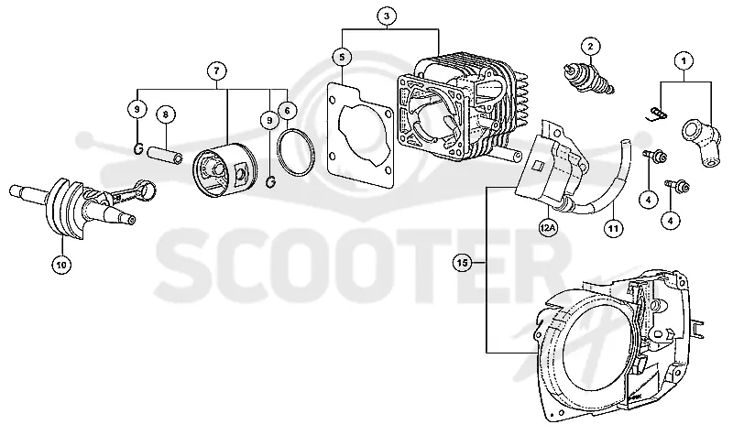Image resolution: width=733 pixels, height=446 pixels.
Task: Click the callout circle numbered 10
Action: coord(61,265)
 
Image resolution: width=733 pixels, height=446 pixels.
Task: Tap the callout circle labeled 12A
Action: coord(547,227)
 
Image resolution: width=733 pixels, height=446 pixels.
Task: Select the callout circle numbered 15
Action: coord(462,263)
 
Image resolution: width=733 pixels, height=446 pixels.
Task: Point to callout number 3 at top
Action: coord(386,16)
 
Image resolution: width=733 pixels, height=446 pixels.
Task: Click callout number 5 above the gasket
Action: coord(342,57)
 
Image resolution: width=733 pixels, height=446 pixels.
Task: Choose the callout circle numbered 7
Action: coord(287,110)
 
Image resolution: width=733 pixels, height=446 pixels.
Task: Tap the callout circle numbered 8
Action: coord(216,71)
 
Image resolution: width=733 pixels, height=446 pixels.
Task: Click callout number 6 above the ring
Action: coord(166,114)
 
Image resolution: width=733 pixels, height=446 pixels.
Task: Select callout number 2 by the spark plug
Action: coord(590,46)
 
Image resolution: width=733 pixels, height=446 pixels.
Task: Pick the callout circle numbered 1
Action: coord(684,60)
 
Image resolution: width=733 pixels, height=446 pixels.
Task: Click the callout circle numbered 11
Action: coord(613,228)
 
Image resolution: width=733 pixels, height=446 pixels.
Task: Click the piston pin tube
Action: coord(165,156)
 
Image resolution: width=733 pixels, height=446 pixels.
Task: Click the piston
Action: coord(224,169)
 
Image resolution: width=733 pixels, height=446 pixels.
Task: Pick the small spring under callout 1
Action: coord(660,114)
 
